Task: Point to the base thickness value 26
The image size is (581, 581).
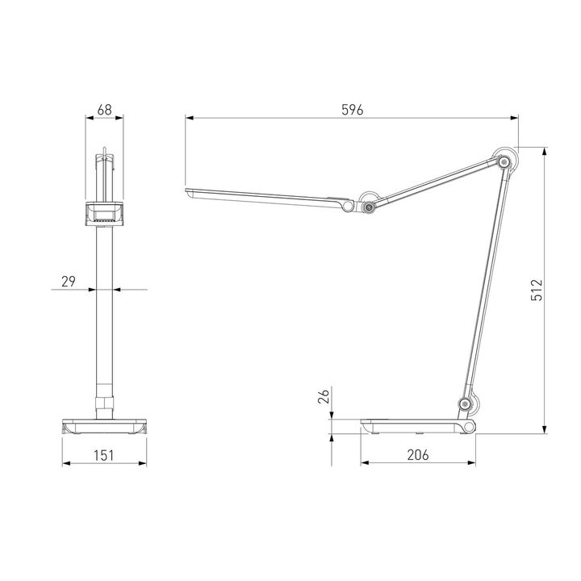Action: tap(324, 396)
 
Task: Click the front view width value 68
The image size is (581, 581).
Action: tap(104, 111)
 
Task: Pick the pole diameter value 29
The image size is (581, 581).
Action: tap(68, 281)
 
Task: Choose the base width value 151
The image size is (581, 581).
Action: tap(104, 455)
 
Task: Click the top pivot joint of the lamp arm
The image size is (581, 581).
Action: tap(505, 163)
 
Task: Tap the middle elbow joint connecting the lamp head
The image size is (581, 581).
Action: tap(369, 207)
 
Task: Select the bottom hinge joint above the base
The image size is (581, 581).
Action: tap(466, 404)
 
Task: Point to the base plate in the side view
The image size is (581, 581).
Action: tap(412, 425)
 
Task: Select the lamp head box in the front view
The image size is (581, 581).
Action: tap(104, 214)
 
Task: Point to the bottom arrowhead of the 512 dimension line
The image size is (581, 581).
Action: tap(546, 432)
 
